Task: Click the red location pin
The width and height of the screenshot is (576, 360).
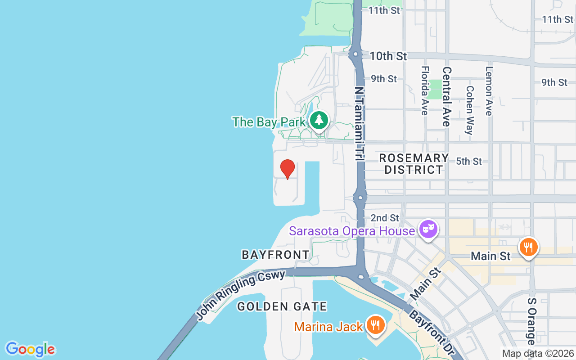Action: click(x=288, y=169)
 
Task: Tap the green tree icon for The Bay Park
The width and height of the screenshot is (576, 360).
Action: click(x=319, y=120)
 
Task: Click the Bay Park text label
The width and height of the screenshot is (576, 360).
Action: click(x=269, y=122)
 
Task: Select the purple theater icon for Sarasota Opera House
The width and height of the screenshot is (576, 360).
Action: click(x=427, y=229)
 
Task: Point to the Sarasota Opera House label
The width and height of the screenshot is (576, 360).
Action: click(x=352, y=231)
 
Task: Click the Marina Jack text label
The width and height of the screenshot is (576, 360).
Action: click(x=328, y=327)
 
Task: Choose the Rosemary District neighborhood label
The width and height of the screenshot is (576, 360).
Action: click(x=414, y=164)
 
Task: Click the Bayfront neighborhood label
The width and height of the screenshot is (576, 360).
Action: click(x=275, y=255)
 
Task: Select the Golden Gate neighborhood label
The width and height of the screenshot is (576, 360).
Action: click(x=282, y=307)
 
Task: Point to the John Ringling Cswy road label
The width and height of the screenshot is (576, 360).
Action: click(x=240, y=295)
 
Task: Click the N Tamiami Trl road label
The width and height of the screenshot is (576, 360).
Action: click(x=359, y=124)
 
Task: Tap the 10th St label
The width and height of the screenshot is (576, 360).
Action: click(x=388, y=56)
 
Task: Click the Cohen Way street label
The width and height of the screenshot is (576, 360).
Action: click(x=469, y=110)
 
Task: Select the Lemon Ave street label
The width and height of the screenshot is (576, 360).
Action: click(x=489, y=91)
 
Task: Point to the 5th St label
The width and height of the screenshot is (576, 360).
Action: click(x=469, y=161)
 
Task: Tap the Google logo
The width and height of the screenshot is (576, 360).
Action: click(x=30, y=349)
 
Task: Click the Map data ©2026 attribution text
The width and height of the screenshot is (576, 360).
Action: click(x=538, y=354)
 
